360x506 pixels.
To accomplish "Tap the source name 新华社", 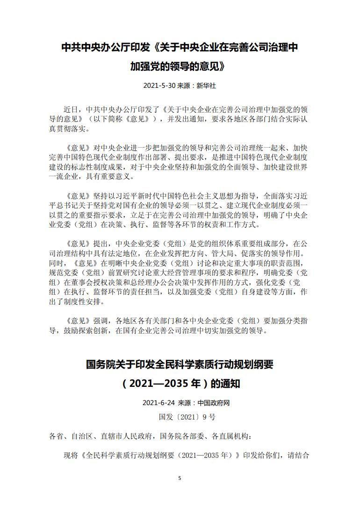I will click(x=206, y=86).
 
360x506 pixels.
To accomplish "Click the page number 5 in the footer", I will click(x=180, y=477).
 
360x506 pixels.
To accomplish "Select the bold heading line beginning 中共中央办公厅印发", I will click(x=180, y=48).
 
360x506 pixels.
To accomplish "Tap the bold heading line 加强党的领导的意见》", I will click(x=180, y=67).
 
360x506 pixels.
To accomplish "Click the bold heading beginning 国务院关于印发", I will click(x=180, y=364).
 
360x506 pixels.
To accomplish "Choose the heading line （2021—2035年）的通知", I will click(x=180, y=384).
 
